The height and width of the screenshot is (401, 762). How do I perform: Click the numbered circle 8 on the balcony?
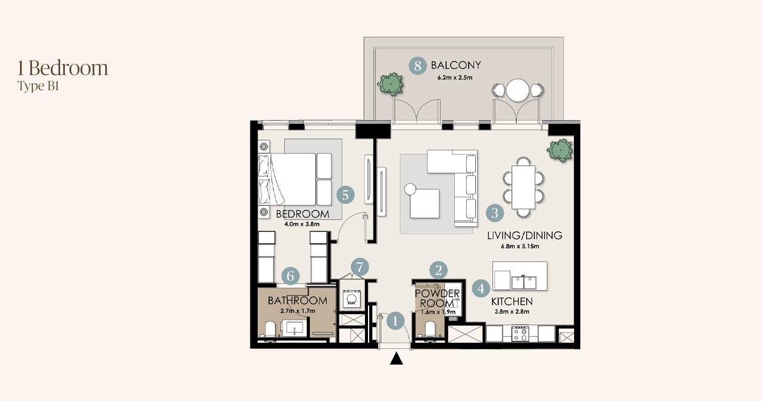click(418, 66)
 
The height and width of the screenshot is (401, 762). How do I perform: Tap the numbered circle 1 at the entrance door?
click(395, 321)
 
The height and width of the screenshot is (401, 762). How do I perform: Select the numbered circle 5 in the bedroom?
click(346, 195)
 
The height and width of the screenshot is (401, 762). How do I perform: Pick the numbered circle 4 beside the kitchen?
click(481, 289)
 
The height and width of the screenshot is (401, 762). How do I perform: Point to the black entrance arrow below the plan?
click(396, 359)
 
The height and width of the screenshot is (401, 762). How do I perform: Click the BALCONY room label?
click(456, 65)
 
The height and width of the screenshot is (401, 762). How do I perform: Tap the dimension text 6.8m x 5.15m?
click(520, 246)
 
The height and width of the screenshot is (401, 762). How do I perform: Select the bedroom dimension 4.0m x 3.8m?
click(302, 224)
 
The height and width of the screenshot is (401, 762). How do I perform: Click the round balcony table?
click(517, 90)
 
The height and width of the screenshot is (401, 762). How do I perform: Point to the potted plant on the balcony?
click(390, 84)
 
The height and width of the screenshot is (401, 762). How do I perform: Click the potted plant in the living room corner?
click(560, 150)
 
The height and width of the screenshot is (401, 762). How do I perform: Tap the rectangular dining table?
click(523, 187)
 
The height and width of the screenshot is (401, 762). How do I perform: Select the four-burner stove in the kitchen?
click(521, 334)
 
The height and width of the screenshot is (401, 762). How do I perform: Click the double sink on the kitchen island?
click(524, 282)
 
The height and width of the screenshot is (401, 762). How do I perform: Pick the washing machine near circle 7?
click(351, 299)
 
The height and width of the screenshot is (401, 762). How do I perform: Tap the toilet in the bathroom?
click(270, 329)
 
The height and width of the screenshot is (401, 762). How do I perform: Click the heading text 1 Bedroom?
click(63, 68)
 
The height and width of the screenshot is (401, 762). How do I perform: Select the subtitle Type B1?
click(38, 86)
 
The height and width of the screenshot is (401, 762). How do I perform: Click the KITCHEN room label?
click(512, 302)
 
